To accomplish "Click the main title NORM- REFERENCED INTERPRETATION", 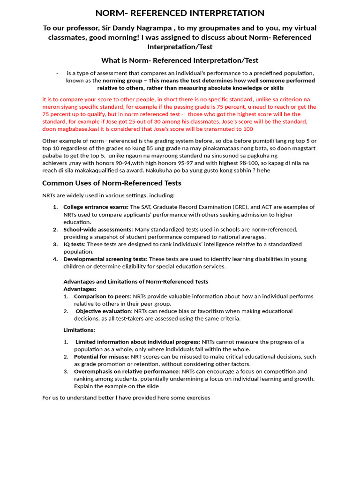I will point(180,13).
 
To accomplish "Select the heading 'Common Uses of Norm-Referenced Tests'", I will point(112,183).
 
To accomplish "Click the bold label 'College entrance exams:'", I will point(96,207).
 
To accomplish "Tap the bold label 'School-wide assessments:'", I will point(98,229).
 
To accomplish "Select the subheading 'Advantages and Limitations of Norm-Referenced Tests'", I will point(135,281).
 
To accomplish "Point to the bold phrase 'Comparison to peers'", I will point(102,296).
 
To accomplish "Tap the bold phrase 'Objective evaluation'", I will point(104,311).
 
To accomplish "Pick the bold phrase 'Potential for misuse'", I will point(101,357).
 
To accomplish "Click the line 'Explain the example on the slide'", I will point(116,386).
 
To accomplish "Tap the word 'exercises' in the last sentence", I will point(198,397).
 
